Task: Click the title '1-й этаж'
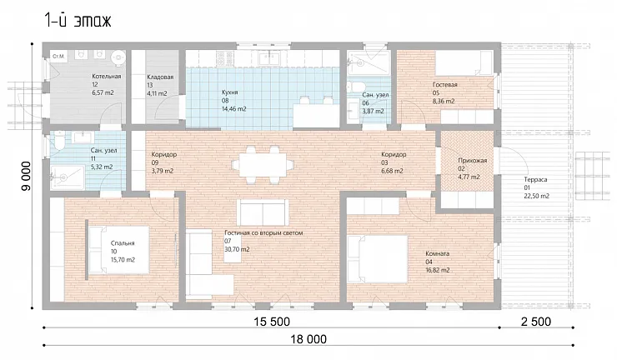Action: (x=78, y=21)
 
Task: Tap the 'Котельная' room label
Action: (x=107, y=77)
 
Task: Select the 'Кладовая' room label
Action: (x=160, y=77)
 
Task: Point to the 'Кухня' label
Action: (x=230, y=92)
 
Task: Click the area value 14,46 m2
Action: (x=234, y=109)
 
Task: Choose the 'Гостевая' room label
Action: (x=445, y=85)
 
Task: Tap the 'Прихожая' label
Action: (x=472, y=161)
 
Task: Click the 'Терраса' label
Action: (x=535, y=179)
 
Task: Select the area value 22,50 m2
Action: (x=537, y=196)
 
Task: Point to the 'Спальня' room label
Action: (x=123, y=243)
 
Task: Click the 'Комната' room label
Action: (x=437, y=254)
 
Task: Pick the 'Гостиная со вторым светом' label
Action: (x=263, y=233)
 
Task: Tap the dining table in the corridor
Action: (x=263, y=165)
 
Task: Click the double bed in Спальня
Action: (x=118, y=250)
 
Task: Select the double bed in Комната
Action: (x=378, y=259)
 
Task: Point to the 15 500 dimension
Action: (x=272, y=322)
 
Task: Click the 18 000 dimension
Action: (x=308, y=339)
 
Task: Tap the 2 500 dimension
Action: (x=536, y=322)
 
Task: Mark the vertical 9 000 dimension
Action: (x=26, y=176)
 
